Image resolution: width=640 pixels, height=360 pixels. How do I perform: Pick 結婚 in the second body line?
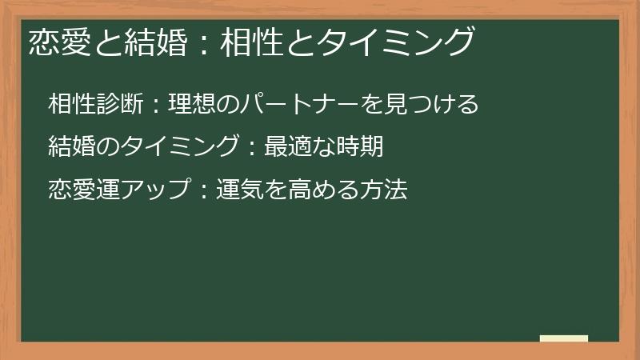point(72,147)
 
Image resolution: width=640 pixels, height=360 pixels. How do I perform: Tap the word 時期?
point(361,147)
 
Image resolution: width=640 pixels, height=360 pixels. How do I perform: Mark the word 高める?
point(311,190)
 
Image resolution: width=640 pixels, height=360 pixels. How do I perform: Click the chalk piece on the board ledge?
point(563,338)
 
